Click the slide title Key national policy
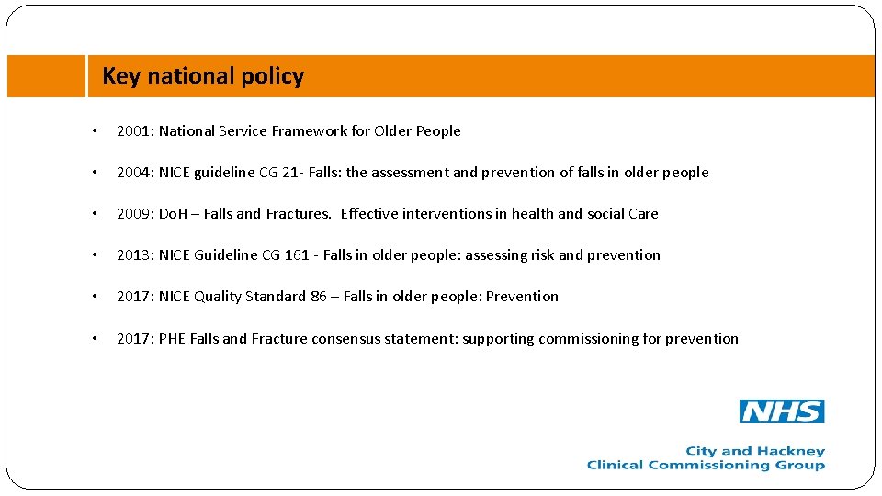203,76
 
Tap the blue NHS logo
782,411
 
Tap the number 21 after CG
291,173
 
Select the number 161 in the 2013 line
297,255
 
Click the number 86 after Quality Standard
318,297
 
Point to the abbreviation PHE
172,339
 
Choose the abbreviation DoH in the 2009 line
173,214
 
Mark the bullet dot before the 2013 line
96,255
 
